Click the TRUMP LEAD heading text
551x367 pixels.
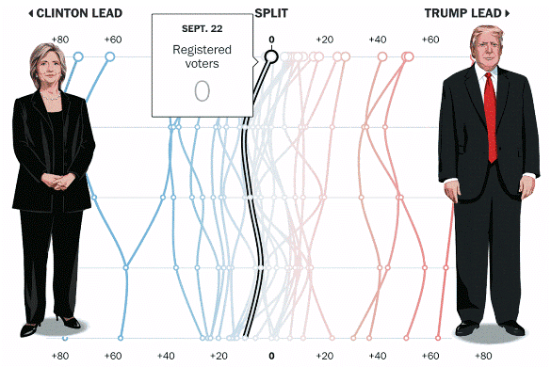pyautogui.click(x=462, y=13)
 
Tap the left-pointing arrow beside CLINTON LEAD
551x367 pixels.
pyautogui.click(x=31, y=13)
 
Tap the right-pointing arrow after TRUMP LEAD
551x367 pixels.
pyautogui.click(x=508, y=13)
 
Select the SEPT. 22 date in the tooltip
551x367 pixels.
pyautogui.click(x=202, y=29)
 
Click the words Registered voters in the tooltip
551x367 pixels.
pyautogui.click(x=202, y=56)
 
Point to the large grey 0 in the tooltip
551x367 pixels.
pyautogui.click(x=202, y=91)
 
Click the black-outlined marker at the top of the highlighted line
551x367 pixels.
pyautogui.click(x=271, y=57)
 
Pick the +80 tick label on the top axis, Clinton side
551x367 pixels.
pyautogui.click(x=60, y=40)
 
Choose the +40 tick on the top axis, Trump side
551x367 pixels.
pyautogui.click(x=377, y=40)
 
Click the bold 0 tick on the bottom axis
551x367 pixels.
pyautogui.click(x=271, y=357)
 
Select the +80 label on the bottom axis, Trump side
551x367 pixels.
pyautogui.click(x=482, y=357)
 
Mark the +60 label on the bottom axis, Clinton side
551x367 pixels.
pyautogui.click(x=113, y=357)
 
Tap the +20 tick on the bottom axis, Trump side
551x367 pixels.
pyautogui.click(x=324, y=357)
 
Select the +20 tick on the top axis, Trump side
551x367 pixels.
pyautogui.click(x=324, y=40)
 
